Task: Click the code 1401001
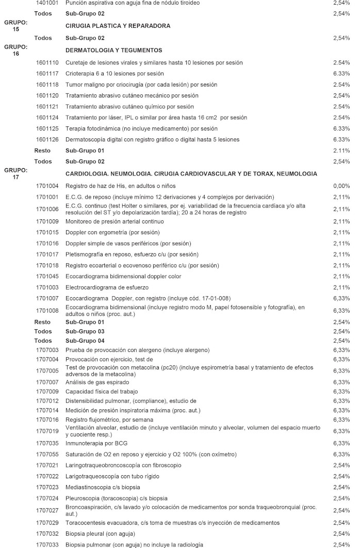(x=47, y=3)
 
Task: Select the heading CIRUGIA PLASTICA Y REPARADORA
(x=118, y=25)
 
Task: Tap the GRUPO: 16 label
(x=15, y=50)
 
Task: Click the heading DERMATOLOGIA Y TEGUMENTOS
(x=114, y=50)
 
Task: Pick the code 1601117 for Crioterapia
(x=47, y=73)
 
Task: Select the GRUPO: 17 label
(x=15, y=173)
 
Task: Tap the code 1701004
(x=47, y=186)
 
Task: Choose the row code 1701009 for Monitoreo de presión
(x=47, y=221)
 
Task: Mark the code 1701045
(x=47, y=276)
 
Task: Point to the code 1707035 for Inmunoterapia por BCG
(x=47, y=443)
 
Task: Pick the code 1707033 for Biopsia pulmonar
(x=47, y=544)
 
